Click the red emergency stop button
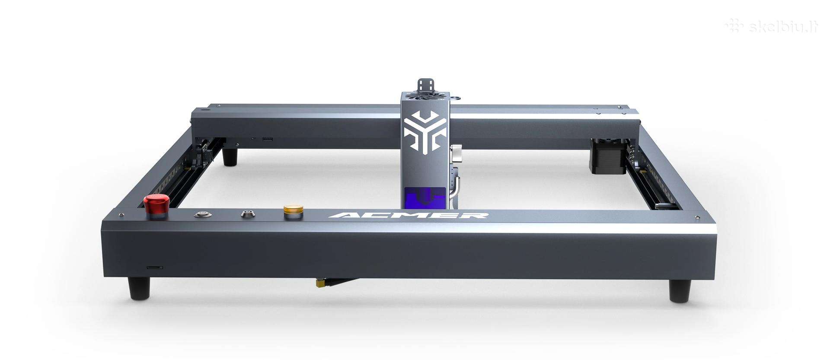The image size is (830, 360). pos(157,204)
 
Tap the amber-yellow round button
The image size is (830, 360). pos(294,210)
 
